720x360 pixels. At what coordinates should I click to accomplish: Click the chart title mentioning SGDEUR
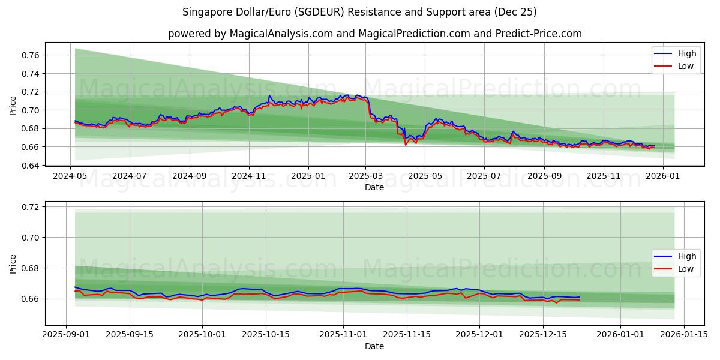[x=360, y=12]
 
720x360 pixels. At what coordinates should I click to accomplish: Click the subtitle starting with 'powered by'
[x=374, y=34]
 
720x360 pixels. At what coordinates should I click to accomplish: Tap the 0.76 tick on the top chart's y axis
[x=29, y=55]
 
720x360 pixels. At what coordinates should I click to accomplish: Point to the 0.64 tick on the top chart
[x=29, y=165]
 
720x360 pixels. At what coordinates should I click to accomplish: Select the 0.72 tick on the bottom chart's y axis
[x=29, y=207]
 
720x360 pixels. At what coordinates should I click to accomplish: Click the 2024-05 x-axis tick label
[x=71, y=176]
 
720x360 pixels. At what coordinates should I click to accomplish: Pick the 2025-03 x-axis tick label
[x=366, y=176]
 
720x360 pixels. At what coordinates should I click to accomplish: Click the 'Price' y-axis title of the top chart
[x=13, y=106]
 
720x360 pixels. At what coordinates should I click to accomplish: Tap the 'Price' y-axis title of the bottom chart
[x=13, y=263]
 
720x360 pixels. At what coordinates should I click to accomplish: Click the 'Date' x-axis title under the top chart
[x=374, y=187]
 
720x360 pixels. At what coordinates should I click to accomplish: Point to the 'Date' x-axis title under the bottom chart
[x=374, y=346]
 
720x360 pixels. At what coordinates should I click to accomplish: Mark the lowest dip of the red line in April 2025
[x=406, y=145]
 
